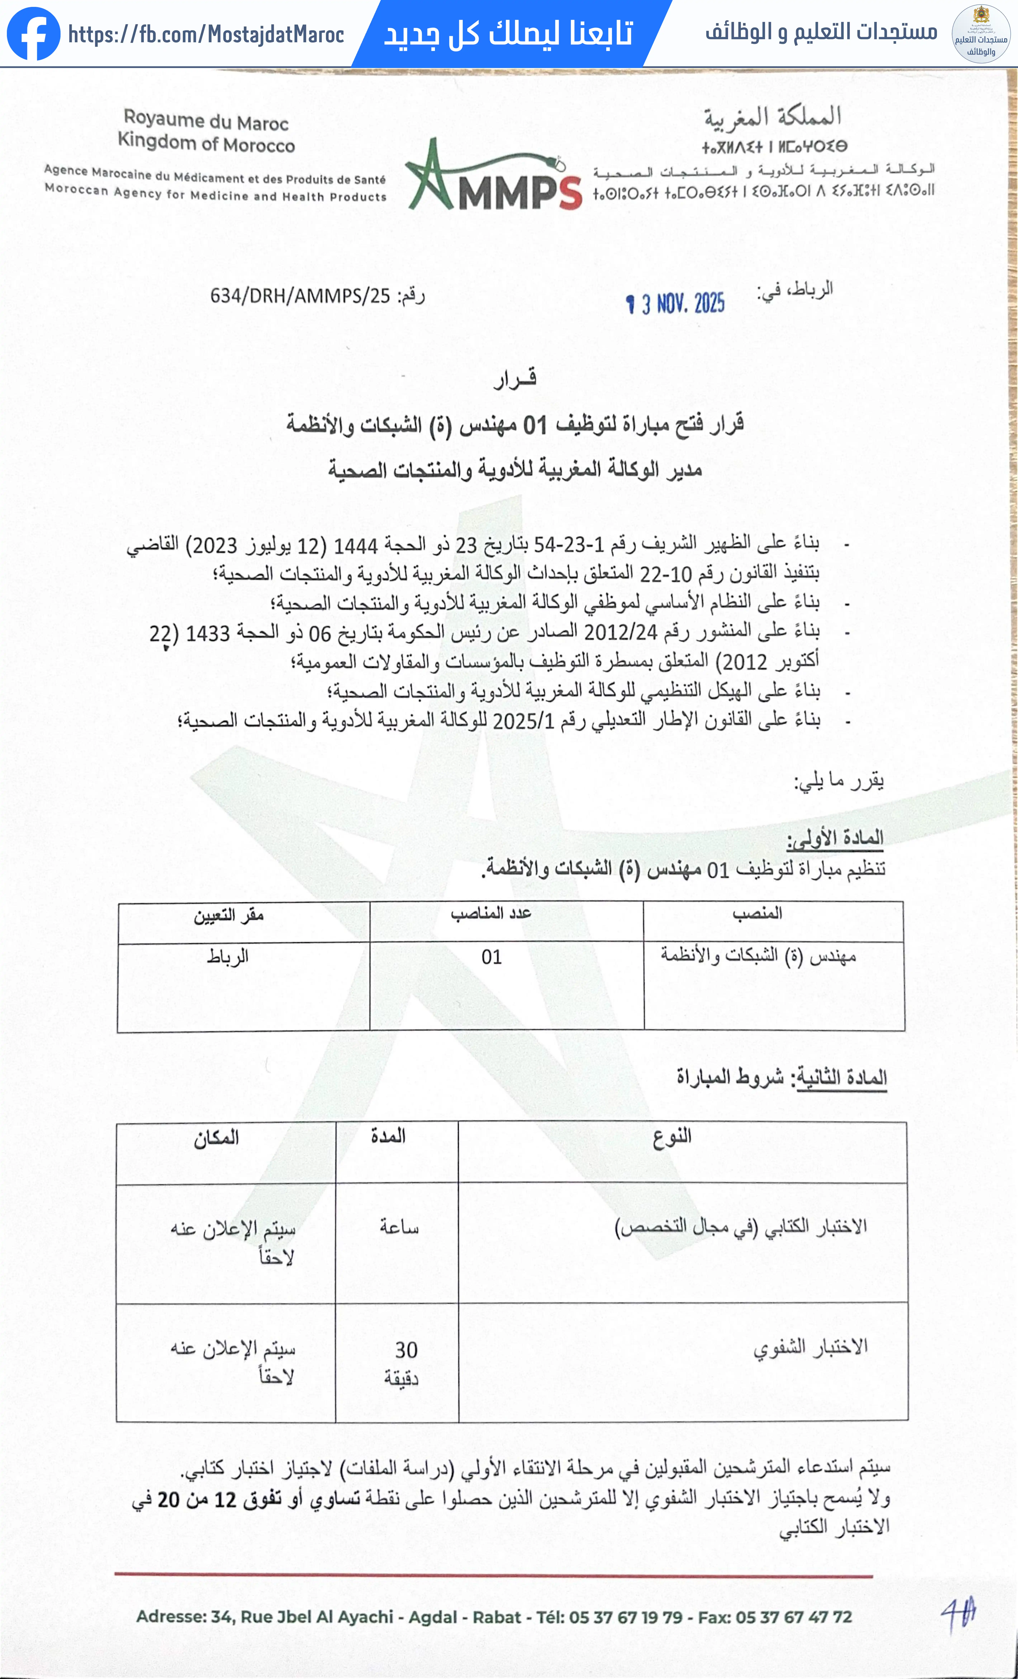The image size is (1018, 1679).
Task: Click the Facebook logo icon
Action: click(33, 33)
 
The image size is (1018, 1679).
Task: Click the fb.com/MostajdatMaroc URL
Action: click(206, 34)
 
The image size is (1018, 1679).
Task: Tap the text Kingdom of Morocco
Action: click(206, 143)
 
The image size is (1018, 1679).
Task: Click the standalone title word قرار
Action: click(515, 379)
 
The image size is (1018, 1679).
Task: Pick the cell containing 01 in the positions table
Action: click(492, 957)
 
